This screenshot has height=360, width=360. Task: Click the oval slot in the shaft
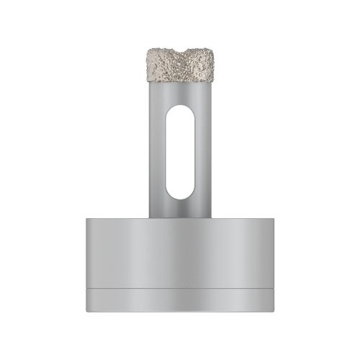180,151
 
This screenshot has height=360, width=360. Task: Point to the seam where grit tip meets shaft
180,82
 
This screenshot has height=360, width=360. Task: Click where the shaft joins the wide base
180,215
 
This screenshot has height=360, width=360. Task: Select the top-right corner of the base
273,216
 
